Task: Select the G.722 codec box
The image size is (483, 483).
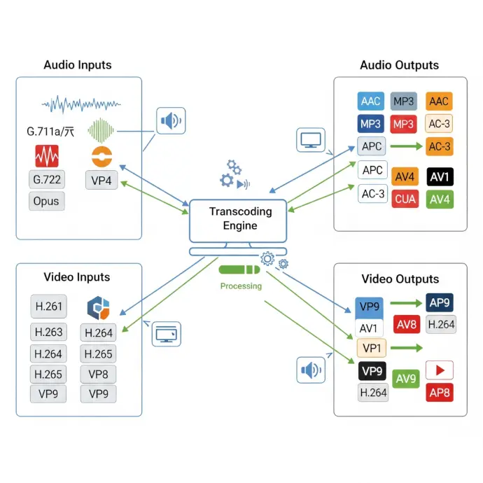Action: (47, 179)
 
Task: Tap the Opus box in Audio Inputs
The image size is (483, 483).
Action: (47, 202)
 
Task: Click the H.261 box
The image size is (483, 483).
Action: (48, 306)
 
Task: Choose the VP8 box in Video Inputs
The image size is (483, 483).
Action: (98, 374)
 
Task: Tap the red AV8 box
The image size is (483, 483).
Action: (407, 324)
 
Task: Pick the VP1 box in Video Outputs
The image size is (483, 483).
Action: (371, 348)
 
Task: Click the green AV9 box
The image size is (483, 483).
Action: (407, 379)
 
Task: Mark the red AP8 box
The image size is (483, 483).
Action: (440, 392)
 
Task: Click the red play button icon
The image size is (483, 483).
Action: (440, 370)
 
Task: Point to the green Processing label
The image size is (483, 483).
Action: (241, 286)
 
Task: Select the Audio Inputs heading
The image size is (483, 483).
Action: (77, 65)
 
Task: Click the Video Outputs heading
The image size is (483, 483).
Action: (400, 279)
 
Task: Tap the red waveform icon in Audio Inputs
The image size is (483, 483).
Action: (47, 155)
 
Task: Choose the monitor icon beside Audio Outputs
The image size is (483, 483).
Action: (310, 139)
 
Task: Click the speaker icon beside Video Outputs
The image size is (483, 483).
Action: (311, 370)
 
